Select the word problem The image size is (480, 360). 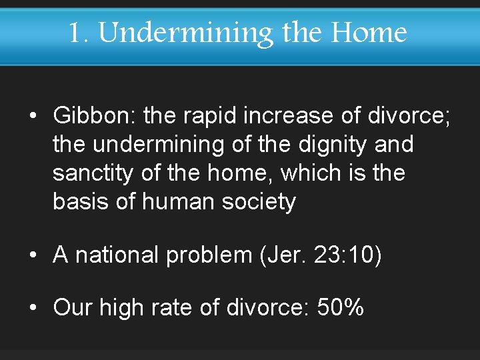[x=209, y=255]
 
